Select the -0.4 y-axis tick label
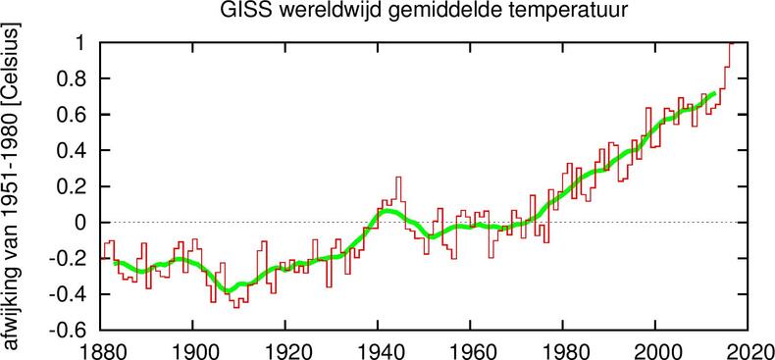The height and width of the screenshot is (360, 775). pos(69,294)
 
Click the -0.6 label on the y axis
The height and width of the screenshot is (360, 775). pos(69,331)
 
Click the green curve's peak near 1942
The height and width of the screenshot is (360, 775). pos(387,211)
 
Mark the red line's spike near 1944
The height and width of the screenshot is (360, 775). pos(397,179)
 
